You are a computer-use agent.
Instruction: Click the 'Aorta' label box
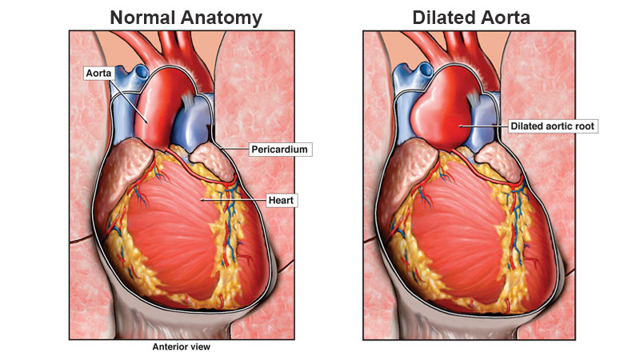pyautogui.click(x=98, y=73)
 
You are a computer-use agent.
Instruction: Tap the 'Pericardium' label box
pyautogui.click(x=279, y=150)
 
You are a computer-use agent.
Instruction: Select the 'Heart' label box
pyautogui.click(x=282, y=201)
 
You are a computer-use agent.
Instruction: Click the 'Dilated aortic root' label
pyautogui.click(x=553, y=126)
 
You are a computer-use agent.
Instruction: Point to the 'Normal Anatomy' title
pyautogui.click(x=186, y=18)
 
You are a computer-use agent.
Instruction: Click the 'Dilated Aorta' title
pyautogui.click(x=471, y=18)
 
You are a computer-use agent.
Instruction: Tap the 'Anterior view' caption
pyautogui.click(x=182, y=347)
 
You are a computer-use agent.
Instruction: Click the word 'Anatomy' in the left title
pyautogui.click(x=222, y=18)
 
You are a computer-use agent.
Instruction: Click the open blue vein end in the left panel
pyautogui.click(x=142, y=73)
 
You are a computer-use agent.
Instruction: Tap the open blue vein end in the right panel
pyautogui.click(x=425, y=70)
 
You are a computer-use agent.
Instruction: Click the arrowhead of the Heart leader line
pyautogui.click(x=201, y=200)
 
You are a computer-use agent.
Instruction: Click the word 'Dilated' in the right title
pyautogui.click(x=442, y=18)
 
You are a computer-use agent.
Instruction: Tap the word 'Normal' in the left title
pyautogui.click(x=143, y=18)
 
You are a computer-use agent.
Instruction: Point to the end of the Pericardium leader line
pyautogui.click(x=221, y=149)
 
